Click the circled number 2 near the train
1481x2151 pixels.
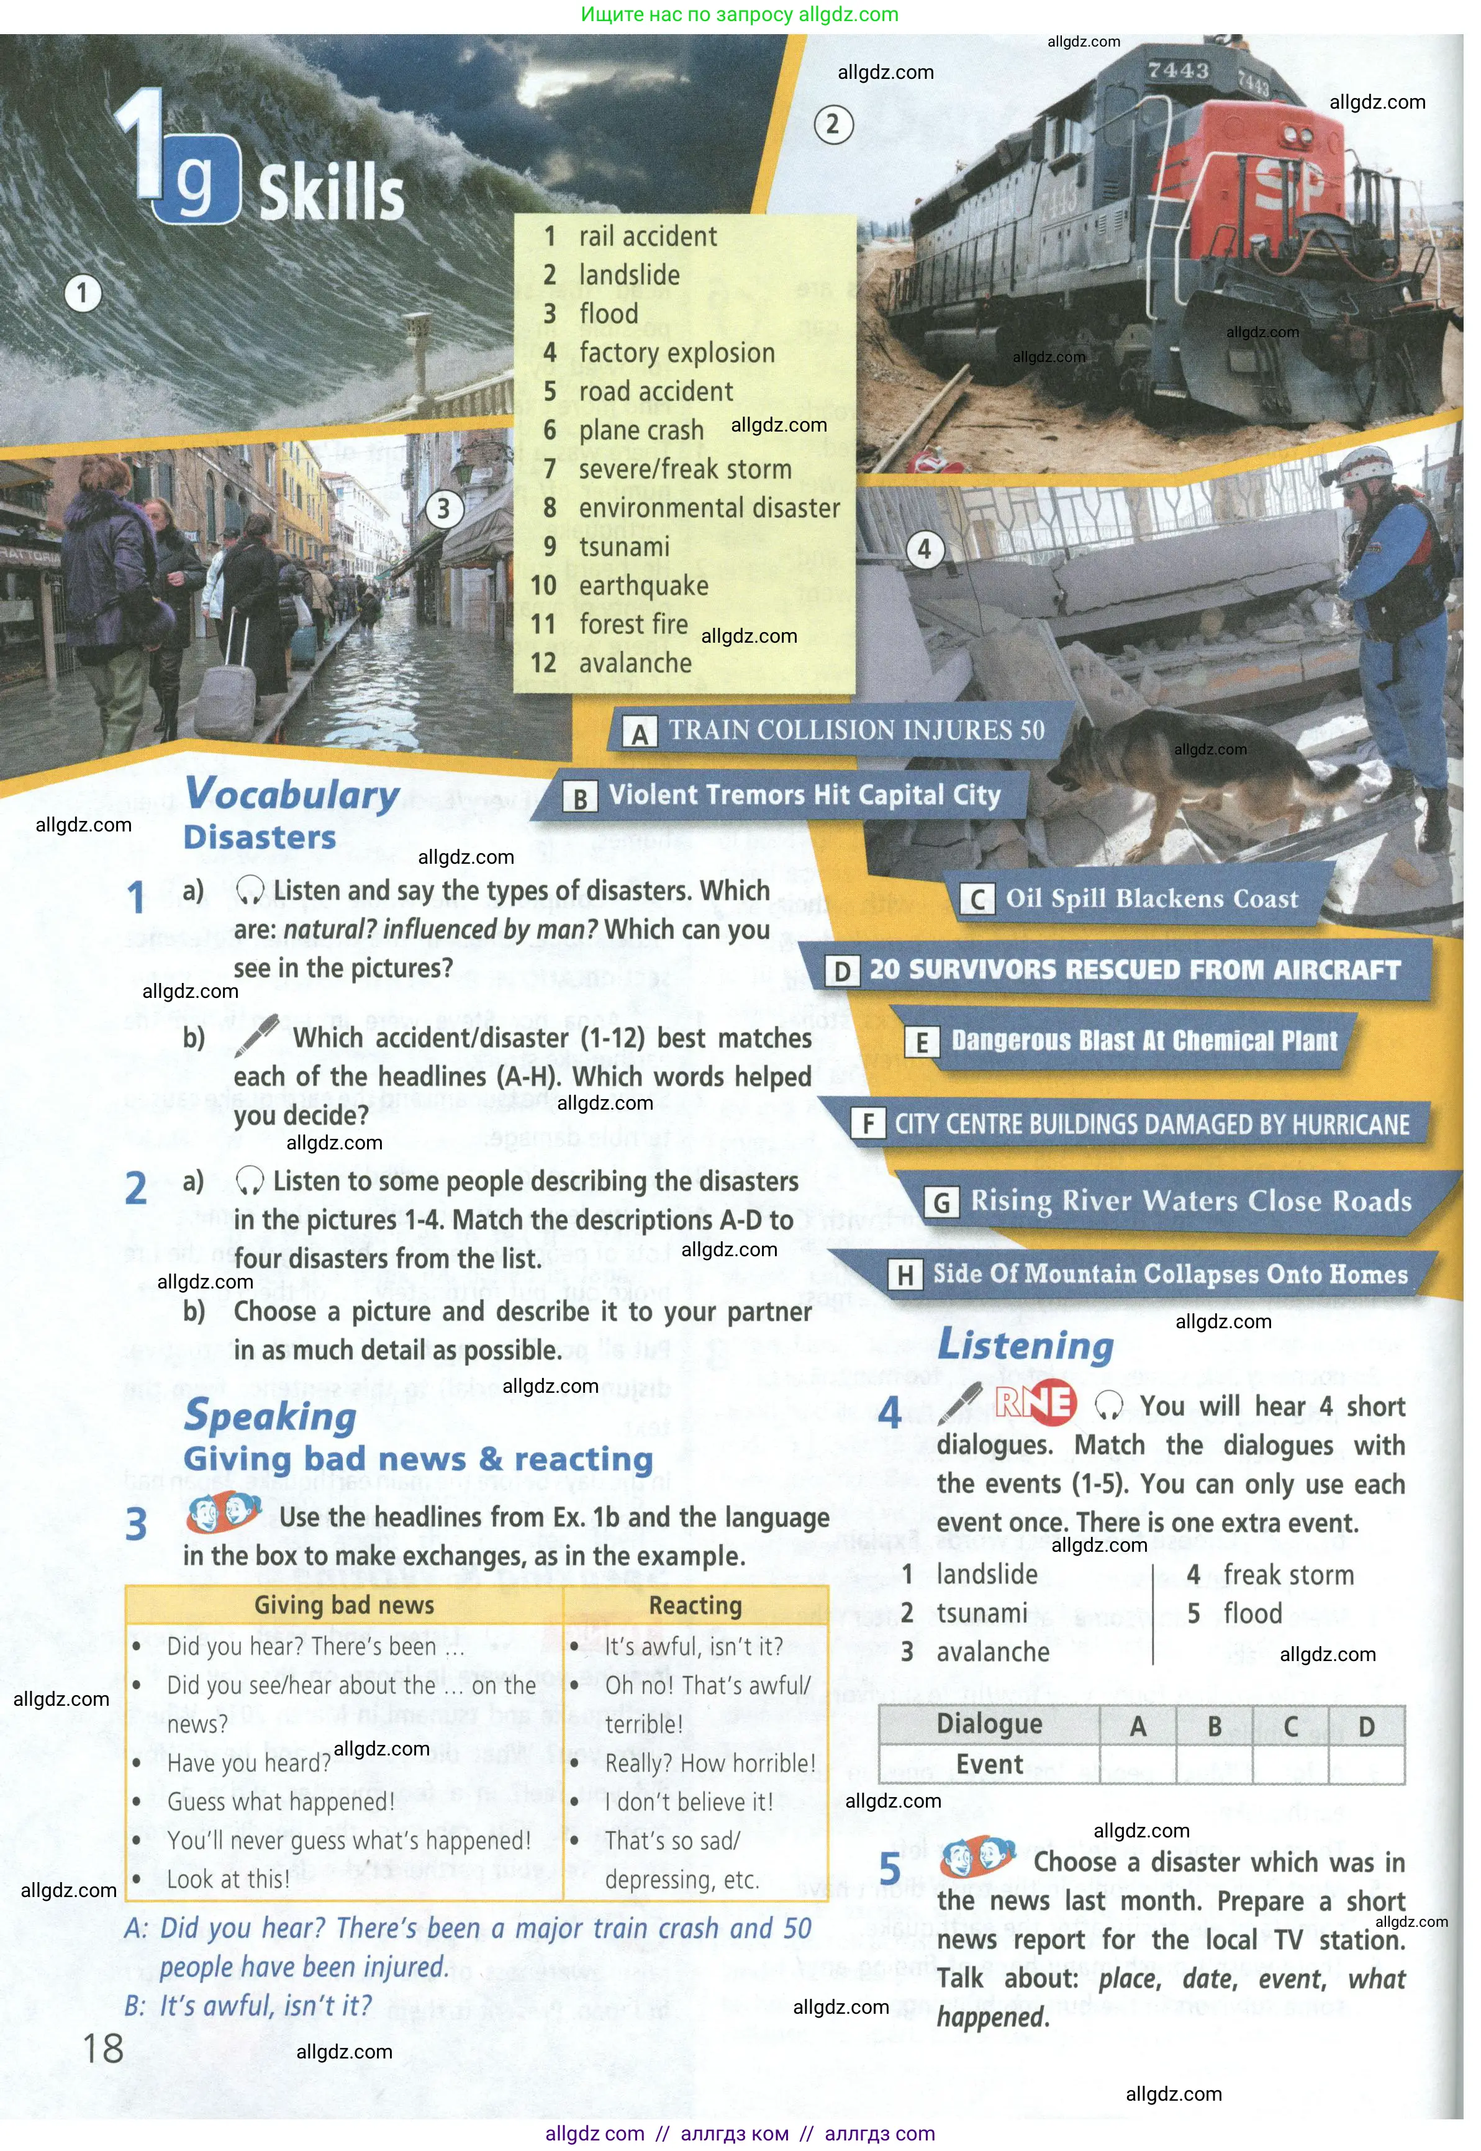tap(832, 124)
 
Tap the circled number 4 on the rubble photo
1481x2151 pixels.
tap(923, 550)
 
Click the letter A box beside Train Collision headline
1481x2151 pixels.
tap(640, 733)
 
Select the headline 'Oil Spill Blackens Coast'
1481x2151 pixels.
tap(1152, 899)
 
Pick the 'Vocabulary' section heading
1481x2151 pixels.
tap(292, 795)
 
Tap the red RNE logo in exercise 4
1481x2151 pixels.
tap(1035, 1404)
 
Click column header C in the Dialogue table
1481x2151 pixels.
tap(1290, 1727)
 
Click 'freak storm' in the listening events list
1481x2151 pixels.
tap(1288, 1575)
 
